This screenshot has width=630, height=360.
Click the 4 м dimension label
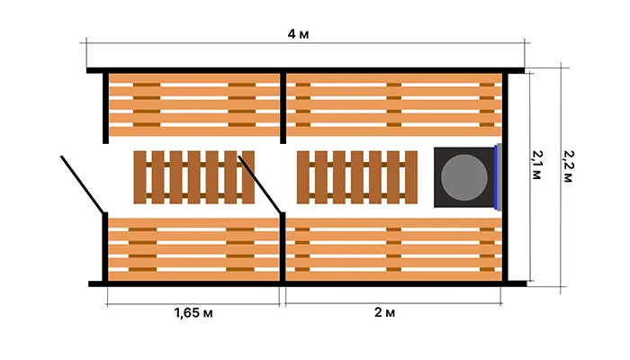pyautogui.click(x=298, y=34)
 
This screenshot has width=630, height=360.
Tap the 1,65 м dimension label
pyautogui.click(x=193, y=312)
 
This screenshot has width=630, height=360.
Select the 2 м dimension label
pyautogui.click(x=384, y=312)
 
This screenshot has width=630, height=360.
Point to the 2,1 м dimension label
pyautogui.click(x=536, y=165)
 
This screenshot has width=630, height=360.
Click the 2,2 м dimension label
pyautogui.click(x=568, y=166)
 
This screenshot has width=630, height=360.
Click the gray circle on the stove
pyautogui.click(x=464, y=177)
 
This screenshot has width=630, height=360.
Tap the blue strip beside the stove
pyautogui.click(x=496, y=177)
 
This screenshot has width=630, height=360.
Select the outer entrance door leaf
pyautogui.click(x=83, y=184)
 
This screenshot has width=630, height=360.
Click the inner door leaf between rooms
pyautogui.click(x=259, y=184)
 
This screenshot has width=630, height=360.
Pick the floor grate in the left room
pyautogui.click(x=194, y=177)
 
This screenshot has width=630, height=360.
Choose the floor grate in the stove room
pyautogui.click(x=357, y=177)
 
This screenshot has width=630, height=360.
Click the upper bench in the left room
pyautogui.click(x=194, y=105)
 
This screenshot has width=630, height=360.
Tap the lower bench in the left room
pyautogui.click(x=193, y=249)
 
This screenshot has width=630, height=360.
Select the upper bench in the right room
pyautogui.click(x=394, y=105)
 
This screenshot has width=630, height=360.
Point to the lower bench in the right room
pyautogui.click(x=394, y=249)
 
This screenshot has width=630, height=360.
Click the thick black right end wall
pyautogui.click(x=505, y=177)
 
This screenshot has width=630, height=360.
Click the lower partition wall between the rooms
pyautogui.click(x=283, y=247)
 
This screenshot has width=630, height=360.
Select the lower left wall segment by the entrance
pyautogui.click(x=105, y=247)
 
